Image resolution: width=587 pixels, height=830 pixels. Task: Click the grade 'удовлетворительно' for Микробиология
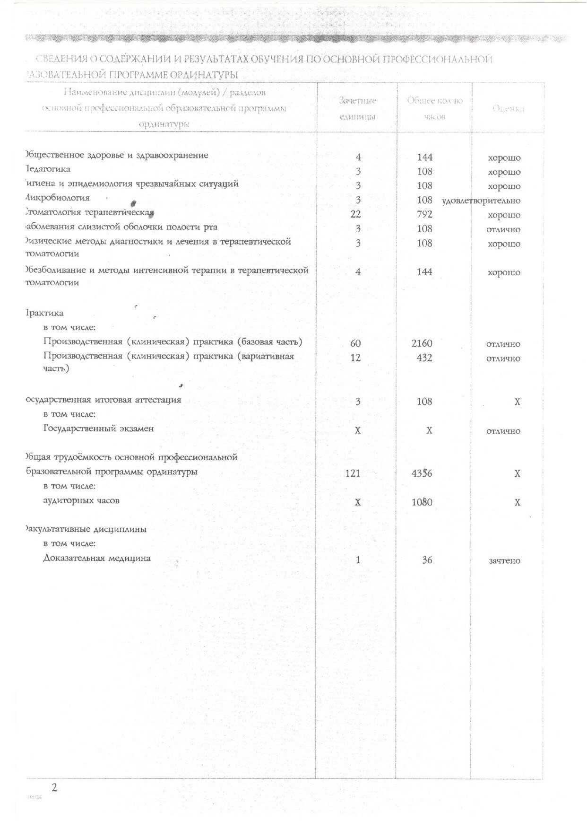[481, 201]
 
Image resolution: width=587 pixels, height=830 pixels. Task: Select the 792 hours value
[425, 214]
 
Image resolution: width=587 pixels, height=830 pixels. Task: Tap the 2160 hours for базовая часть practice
[422, 343]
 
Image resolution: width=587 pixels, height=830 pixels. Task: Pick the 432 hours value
[424, 358]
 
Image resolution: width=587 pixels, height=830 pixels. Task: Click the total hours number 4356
[422, 473]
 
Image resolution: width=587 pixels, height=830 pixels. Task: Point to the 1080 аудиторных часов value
[422, 502]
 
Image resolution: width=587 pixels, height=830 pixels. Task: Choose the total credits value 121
[353, 473]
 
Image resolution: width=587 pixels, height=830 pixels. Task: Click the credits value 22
[356, 214]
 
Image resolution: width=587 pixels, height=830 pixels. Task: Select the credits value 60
[356, 343]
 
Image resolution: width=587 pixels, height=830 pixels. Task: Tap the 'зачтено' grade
[505, 560]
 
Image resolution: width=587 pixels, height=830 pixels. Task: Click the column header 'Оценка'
[508, 109]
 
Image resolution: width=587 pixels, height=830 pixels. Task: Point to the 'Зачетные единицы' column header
[358, 108]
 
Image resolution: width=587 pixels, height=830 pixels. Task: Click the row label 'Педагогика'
[47, 169]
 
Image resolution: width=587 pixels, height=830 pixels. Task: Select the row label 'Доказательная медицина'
[97, 558]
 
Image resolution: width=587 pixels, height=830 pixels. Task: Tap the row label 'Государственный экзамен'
[99, 428]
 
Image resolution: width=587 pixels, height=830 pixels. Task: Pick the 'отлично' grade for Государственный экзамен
[503, 431]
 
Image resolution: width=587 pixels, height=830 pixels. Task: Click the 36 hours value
[427, 560]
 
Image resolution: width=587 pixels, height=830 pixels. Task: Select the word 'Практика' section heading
[44, 313]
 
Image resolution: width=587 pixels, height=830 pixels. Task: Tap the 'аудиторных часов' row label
[81, 500]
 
